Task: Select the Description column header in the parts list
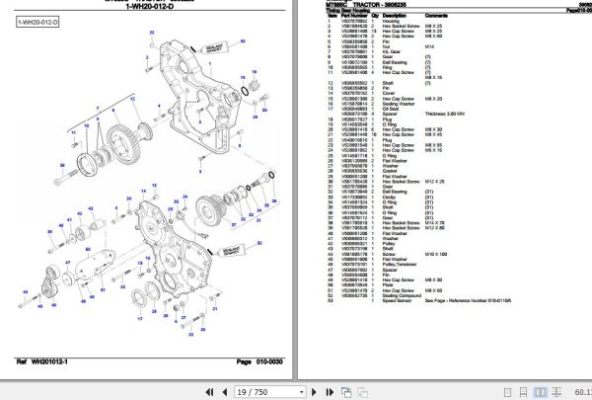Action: tap(386, 15)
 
